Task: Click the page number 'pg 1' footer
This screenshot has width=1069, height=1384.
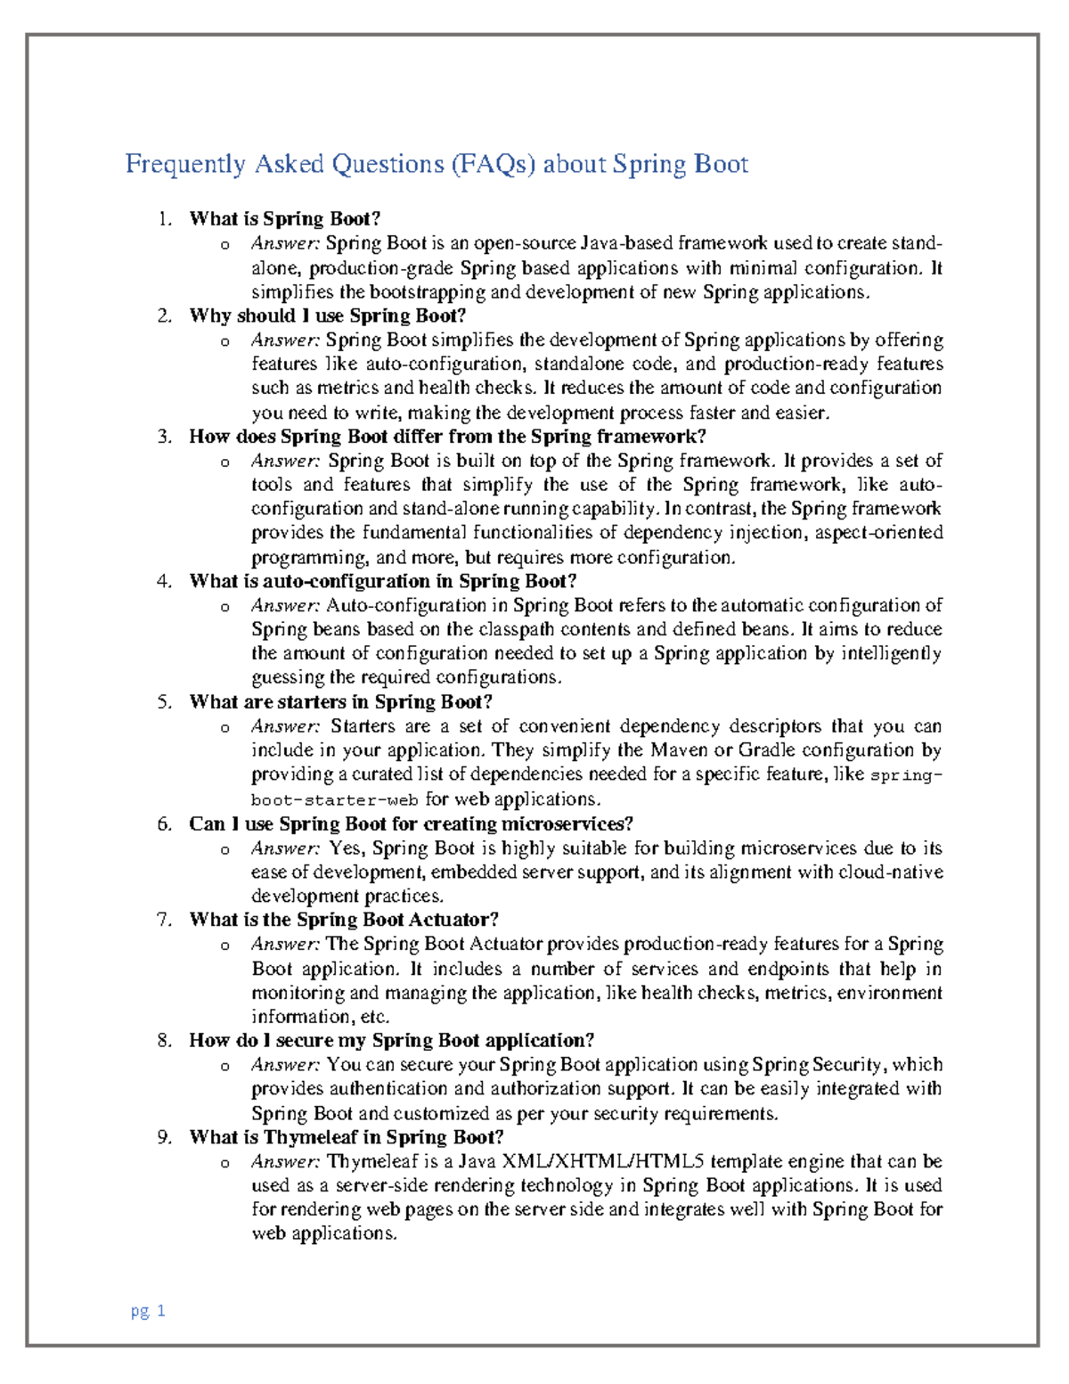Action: pos(148,1311)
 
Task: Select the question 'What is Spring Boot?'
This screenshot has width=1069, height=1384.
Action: pos(285,218)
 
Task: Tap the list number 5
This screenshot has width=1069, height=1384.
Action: pos(164,702)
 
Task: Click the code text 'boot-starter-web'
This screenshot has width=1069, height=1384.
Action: pos(335,800)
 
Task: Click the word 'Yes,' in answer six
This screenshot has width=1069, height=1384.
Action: pos(347,848)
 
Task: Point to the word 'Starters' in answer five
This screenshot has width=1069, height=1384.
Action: pos(363,726)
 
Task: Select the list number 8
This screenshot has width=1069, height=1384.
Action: pos(164,1040)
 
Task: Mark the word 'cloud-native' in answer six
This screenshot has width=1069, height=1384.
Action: pos(890,872)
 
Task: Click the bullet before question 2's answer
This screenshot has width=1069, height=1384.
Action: pos(225,341)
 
